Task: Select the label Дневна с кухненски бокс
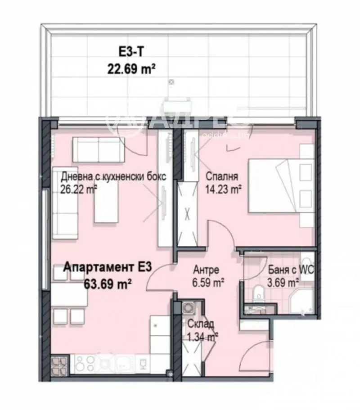click(113, 176)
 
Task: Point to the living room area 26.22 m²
click(79, 189)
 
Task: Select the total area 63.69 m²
click(108, 283)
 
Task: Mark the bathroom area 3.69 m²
click(283, 283)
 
